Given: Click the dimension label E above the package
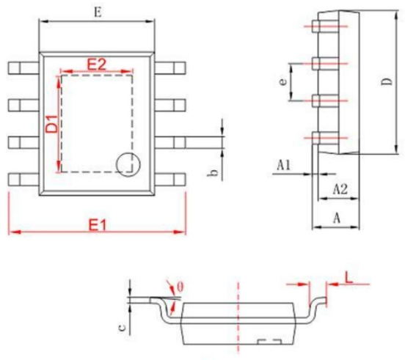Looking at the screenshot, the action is pos(98,12).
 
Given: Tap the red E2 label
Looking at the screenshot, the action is pos(96,65).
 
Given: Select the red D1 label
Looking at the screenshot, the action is pos(51,124).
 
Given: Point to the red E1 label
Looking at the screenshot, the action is pos(98,225).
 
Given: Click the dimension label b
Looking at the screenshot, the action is pos(213,174).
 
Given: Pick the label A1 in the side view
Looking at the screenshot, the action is pos(284,165).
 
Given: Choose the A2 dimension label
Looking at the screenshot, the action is pos(340,189).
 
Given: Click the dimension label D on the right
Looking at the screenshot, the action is pos(387,81).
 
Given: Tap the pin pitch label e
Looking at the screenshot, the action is pos(283,82).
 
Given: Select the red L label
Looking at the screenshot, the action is pos(349,278).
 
